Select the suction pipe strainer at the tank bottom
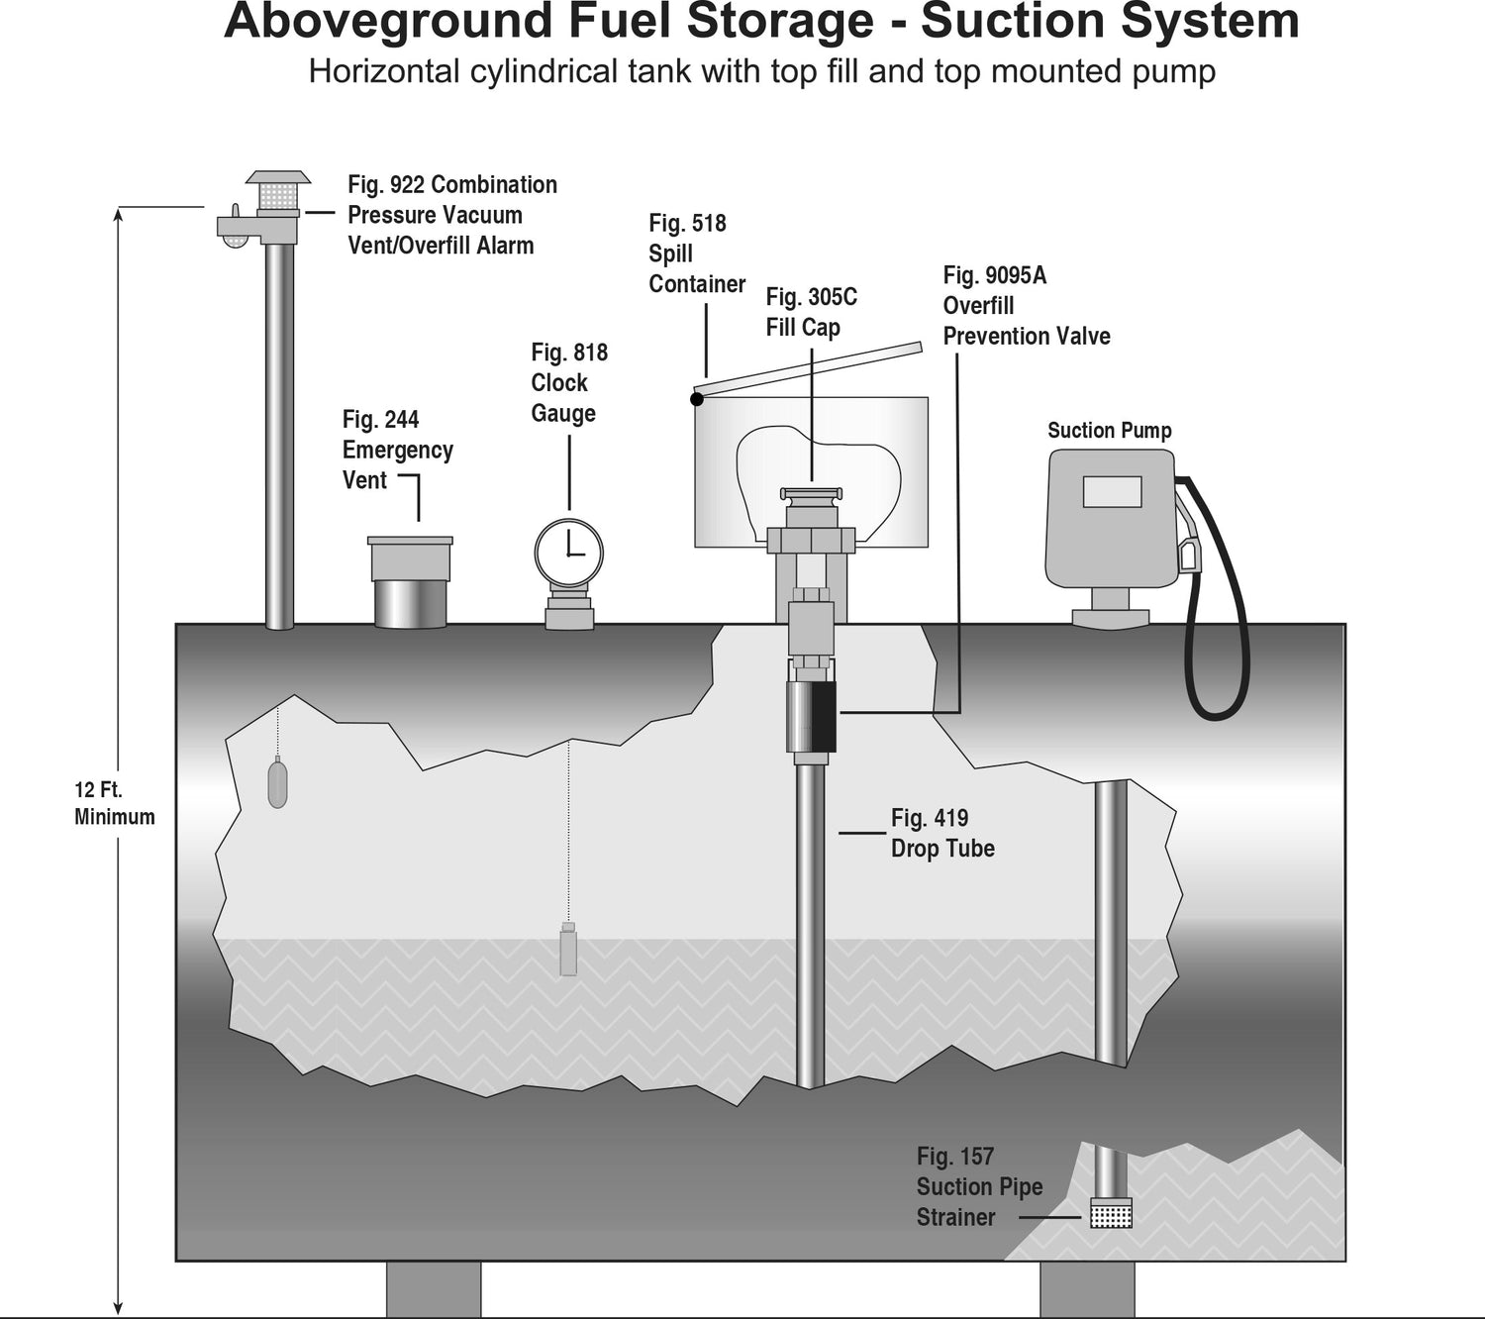point(1111,1213)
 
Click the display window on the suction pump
point(1112,491)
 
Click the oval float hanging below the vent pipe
point(278,782)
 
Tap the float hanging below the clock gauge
point(568,950)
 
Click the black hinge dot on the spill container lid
point(697,399)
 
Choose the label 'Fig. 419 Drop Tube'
point(941,833)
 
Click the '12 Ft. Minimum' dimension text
point(115,803)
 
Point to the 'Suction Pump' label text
point(1109,431)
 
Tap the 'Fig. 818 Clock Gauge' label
point(568,382)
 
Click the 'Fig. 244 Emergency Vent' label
point(396,450)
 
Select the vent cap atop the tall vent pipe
point(278,192)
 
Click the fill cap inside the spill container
point(811,494)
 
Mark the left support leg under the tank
point(434,1289)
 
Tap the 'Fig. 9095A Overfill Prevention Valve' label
point(1026,306)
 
